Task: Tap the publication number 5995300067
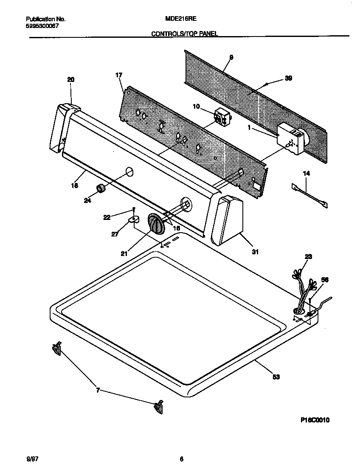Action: point(42,25)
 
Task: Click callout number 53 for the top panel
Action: point(276,377)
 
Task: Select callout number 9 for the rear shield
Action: point(231,57)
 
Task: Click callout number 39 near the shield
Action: point(288,78)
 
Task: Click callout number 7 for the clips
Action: point(98,390)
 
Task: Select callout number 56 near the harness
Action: point(325,280)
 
